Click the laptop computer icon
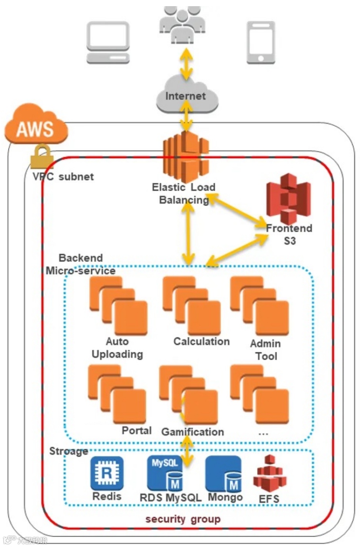[x=108, y=42]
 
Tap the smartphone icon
[x=260, y=42]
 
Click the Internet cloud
[x=187, y=96]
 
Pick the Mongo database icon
[x=224, y=473]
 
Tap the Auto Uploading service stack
[x=118, y=305]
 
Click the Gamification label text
[x=192, y=432]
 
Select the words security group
[x=183, y=519]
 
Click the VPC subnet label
[x=63, y=177]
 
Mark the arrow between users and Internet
[x=187, y=63]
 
